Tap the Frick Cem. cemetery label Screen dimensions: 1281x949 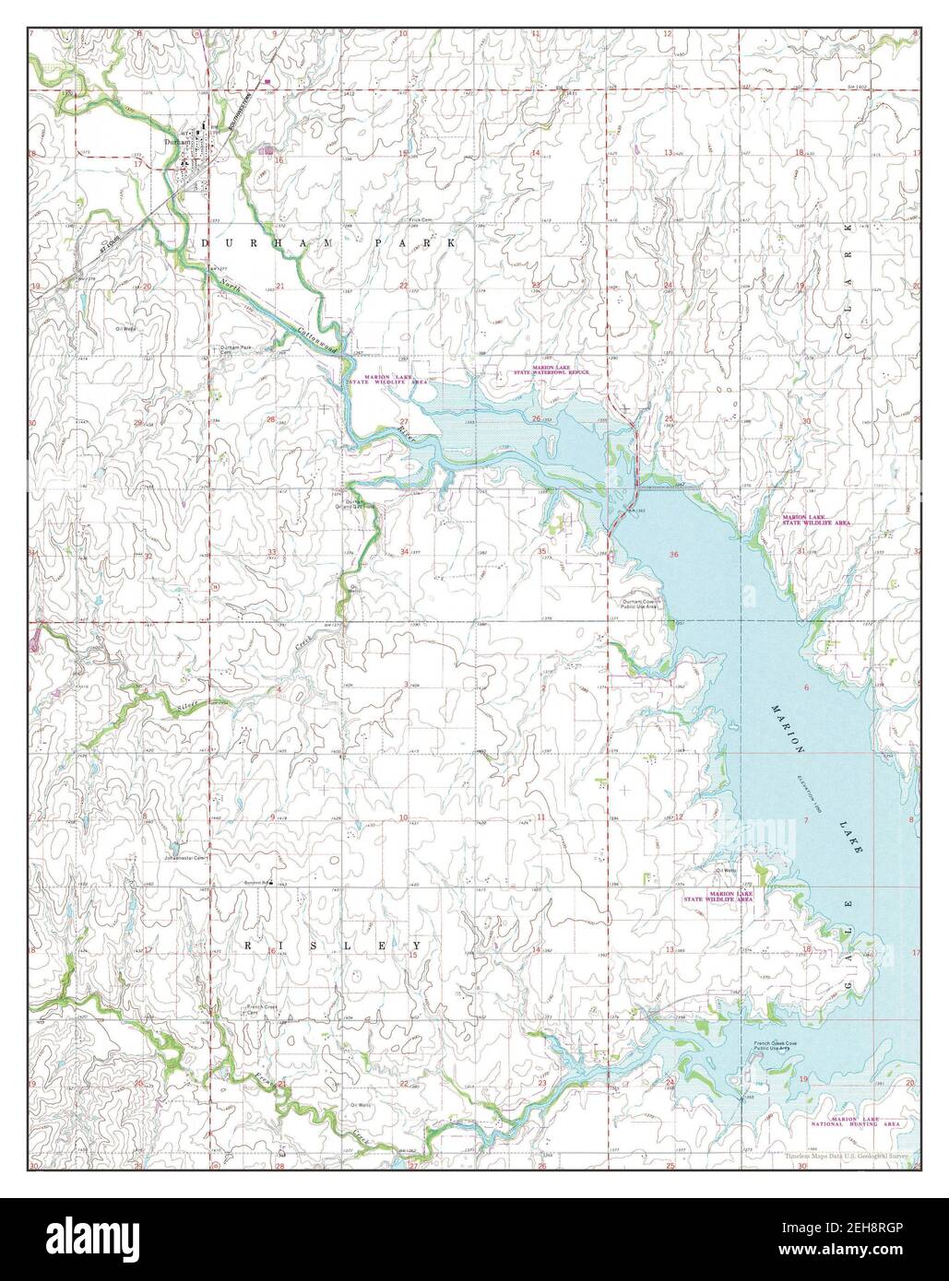click(421, 219)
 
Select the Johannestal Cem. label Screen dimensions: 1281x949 click(188, 856)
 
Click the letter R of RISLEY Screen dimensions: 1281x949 click(248, 946)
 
